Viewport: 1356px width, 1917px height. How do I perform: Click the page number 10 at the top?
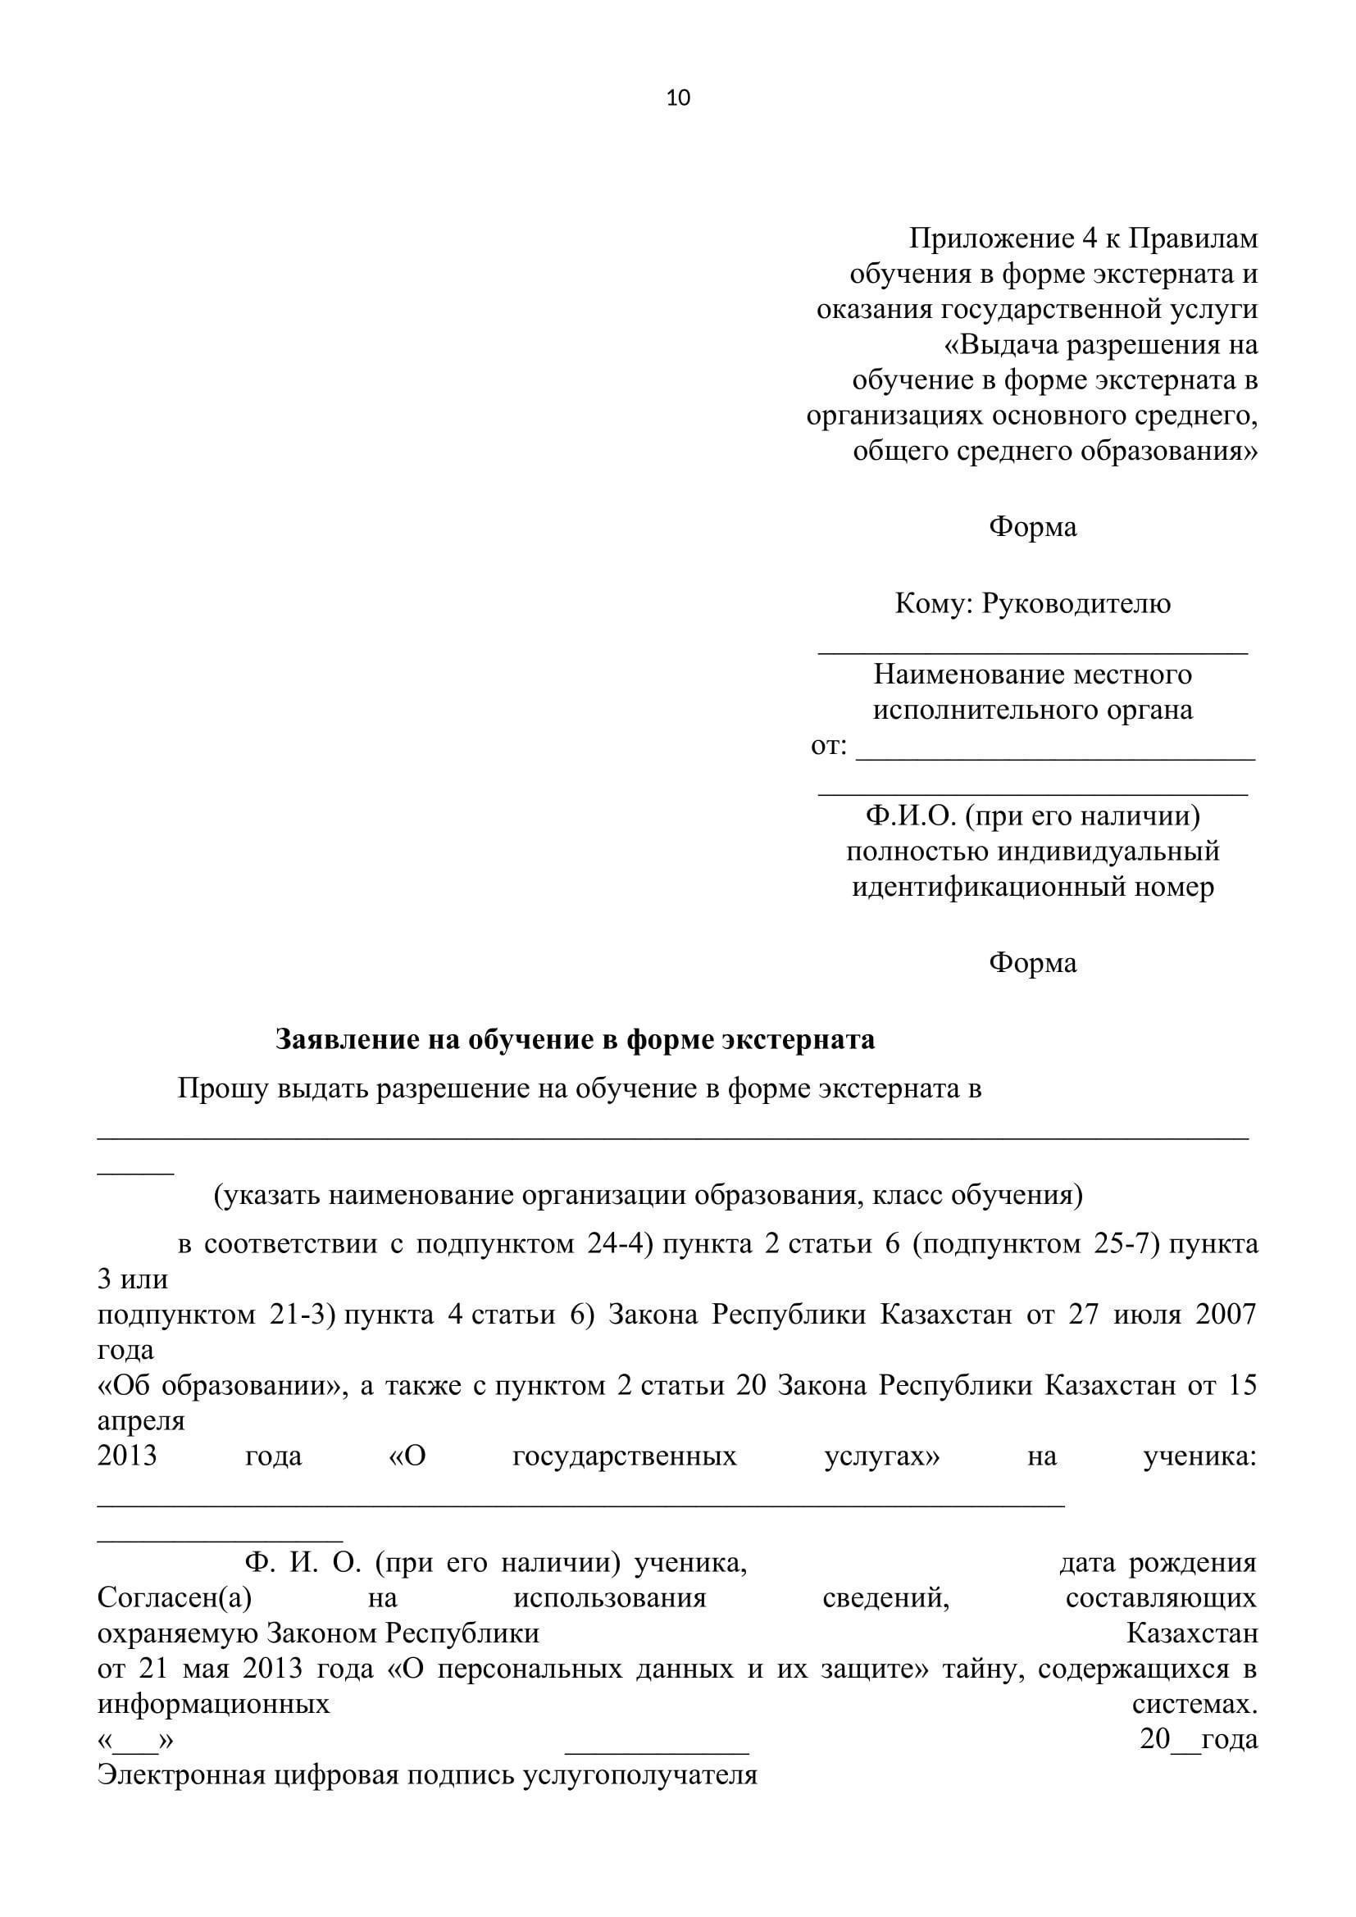pos(678,98)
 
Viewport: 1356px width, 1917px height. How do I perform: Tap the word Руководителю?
pos(1076,603)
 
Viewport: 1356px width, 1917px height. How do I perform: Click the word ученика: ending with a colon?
pos(1199,1456)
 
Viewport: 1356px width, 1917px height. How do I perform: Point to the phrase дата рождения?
pos(1158,1562)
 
